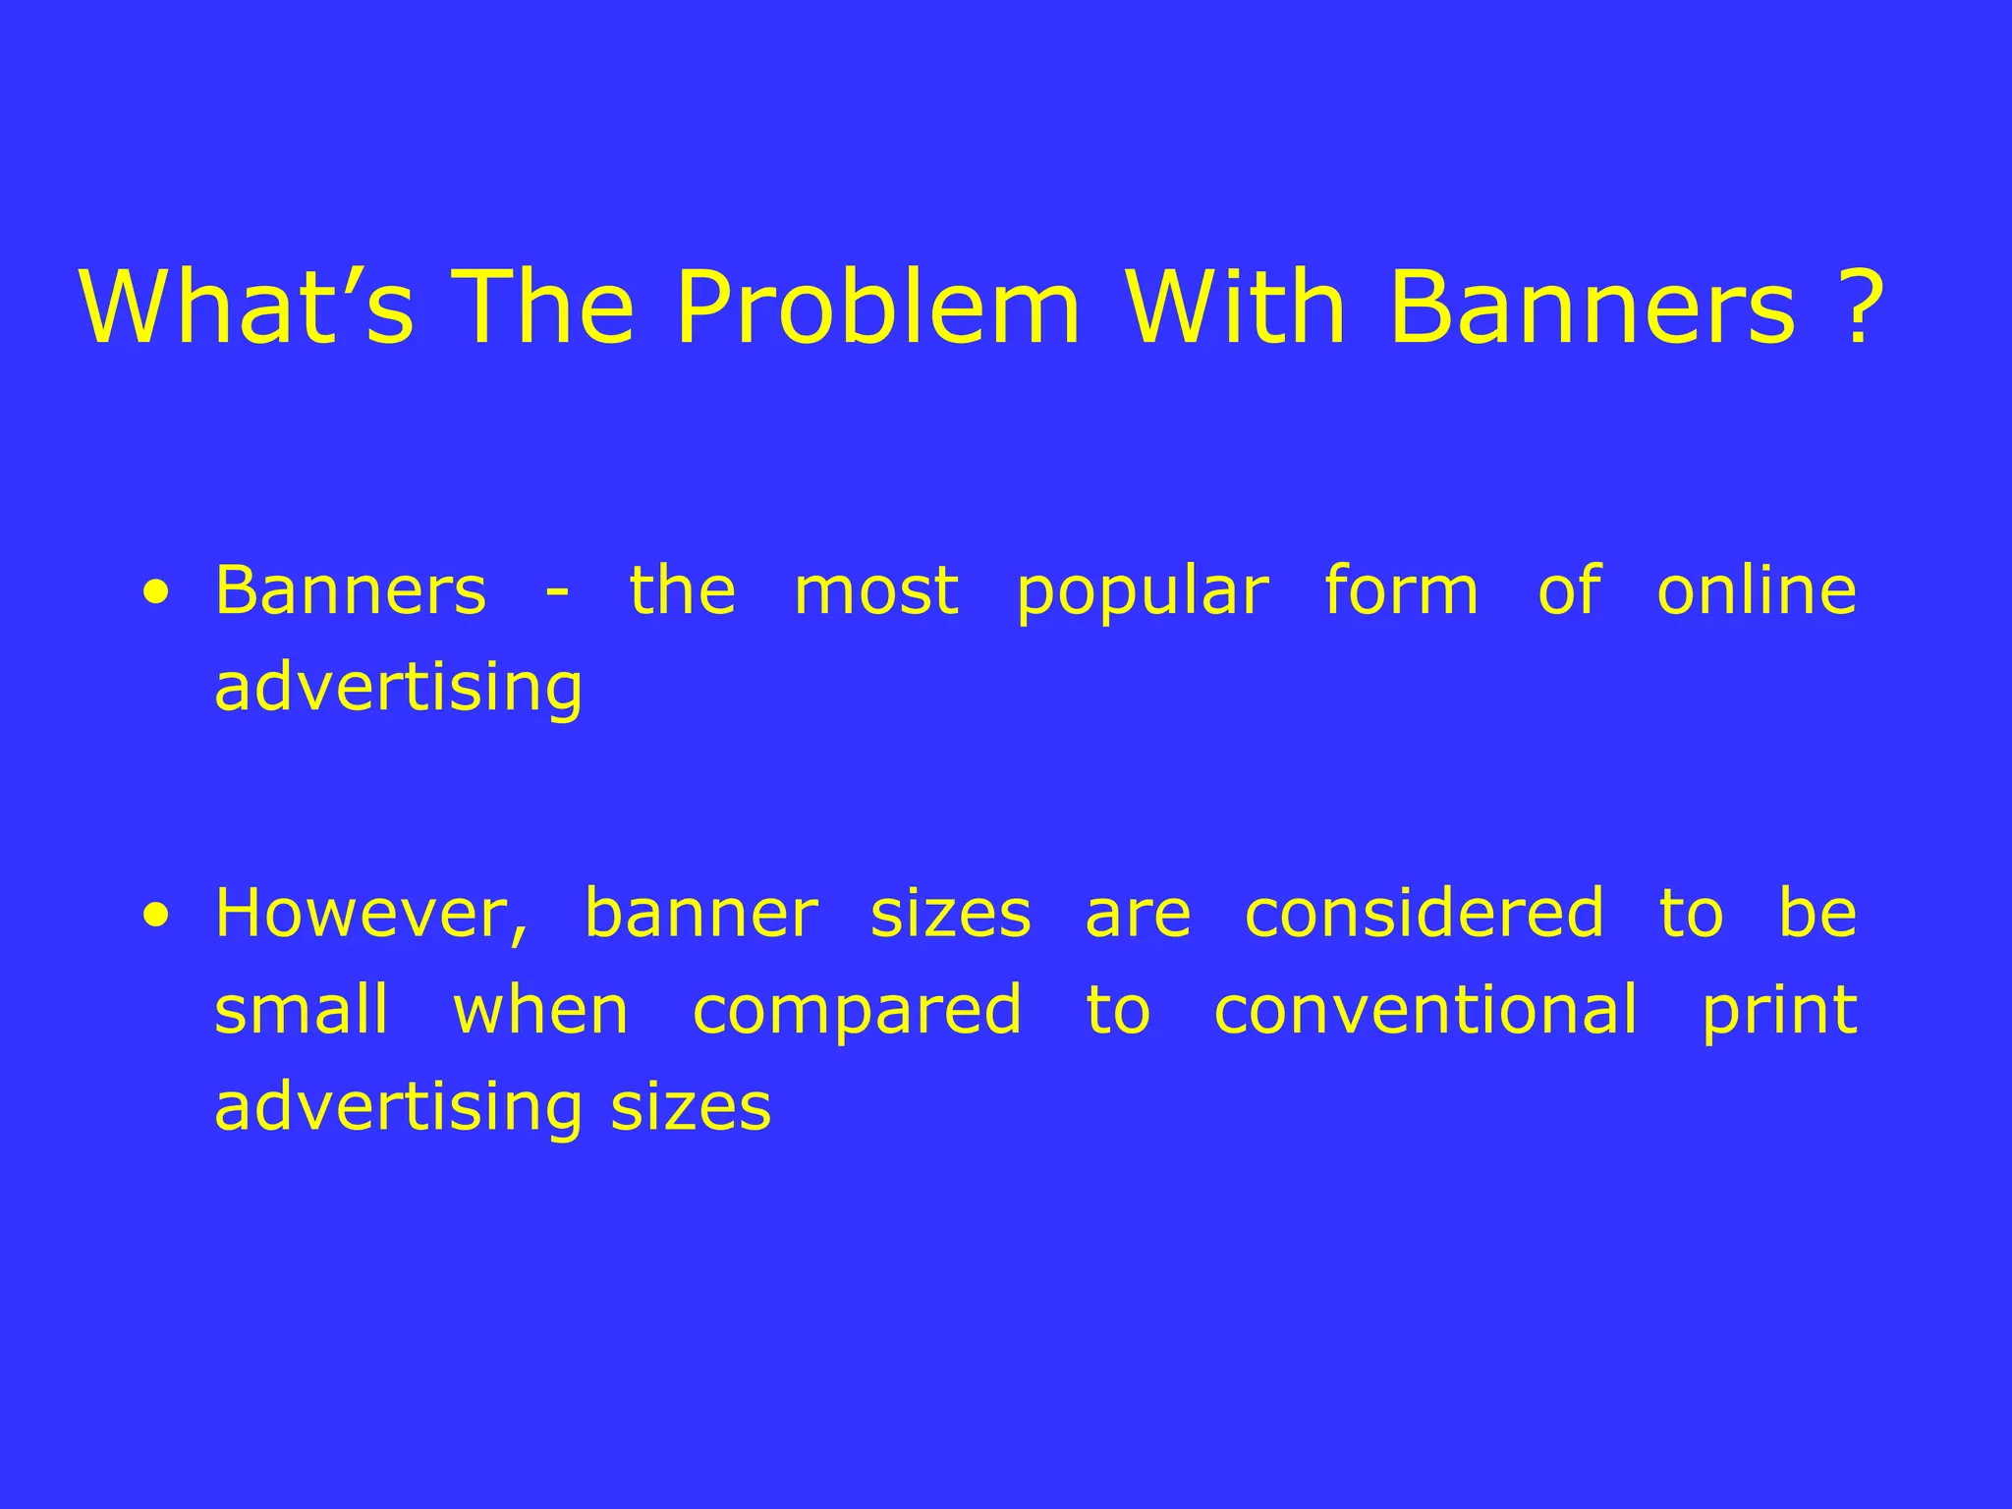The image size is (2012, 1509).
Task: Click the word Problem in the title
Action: coord(877,307)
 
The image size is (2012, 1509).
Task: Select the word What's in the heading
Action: coord(247,307)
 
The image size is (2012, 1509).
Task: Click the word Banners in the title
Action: coord(1593,307)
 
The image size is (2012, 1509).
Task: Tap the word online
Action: coord(1757,590)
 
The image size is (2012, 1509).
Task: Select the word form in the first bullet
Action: coord(1402,590)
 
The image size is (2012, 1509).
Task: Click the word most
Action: coord(876,592)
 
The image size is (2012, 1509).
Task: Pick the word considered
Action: coord(1425,914)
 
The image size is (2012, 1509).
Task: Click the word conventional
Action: coord(1425,1010)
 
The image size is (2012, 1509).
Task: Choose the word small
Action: coord(302,1010)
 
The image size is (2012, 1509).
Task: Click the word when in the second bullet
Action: coord(540,1010)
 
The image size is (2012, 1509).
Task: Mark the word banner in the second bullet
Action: coord(700,914)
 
